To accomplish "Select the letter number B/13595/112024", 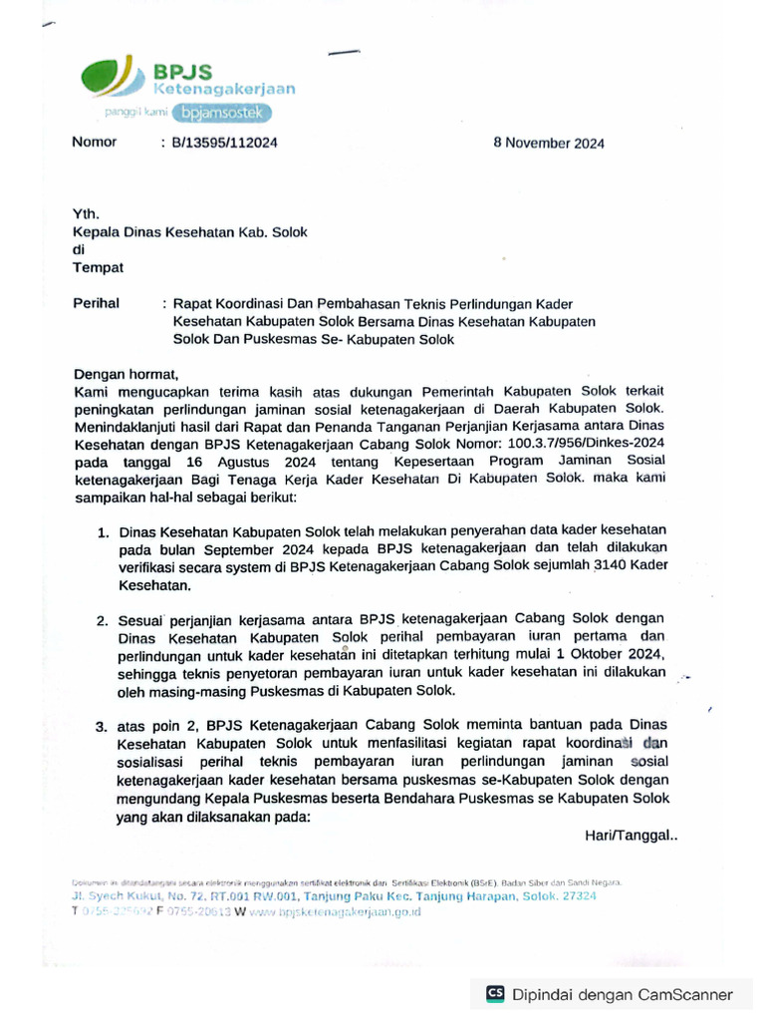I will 224,143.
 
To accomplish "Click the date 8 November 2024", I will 549,143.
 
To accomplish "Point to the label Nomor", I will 95,142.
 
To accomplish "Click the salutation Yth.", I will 86,213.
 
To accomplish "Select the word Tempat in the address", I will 99,267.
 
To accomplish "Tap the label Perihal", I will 97,303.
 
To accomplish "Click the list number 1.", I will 103,533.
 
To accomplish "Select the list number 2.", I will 103,620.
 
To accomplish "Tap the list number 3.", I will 103,727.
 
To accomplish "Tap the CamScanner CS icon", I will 495,993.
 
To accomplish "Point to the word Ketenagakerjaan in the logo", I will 224,89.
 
